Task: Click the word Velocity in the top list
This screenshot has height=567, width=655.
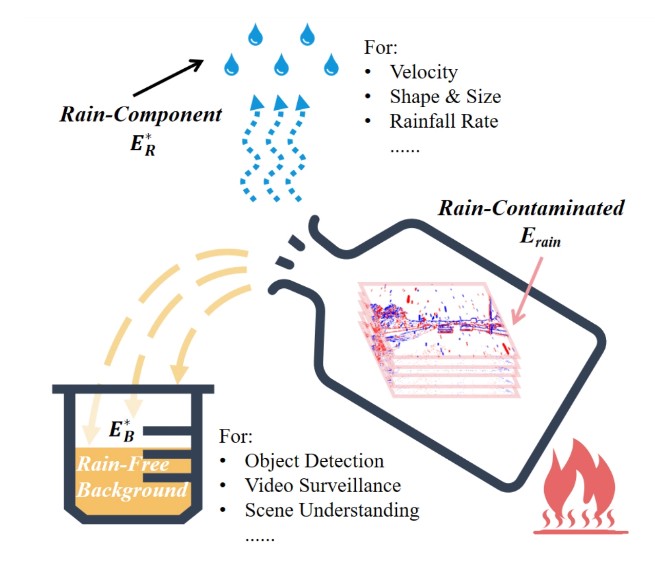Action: click(423, 72)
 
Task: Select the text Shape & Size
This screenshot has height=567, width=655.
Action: click(445, 97)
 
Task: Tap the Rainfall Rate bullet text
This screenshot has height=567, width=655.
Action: click(444, 122)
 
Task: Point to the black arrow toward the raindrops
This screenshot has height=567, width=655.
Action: click(168, 78)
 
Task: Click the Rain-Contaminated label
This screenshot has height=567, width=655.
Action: click(531, 208)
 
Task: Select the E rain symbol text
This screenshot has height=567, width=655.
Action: click(540, 237)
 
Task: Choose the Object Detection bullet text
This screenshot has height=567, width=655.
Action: click(314, 461)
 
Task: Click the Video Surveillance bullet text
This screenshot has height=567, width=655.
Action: click(323, 486)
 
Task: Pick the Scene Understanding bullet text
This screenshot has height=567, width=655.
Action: click(332, 511)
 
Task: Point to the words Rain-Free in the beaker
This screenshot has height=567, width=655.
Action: click(123, 464)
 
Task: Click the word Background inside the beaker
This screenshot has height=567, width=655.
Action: click(132, 490)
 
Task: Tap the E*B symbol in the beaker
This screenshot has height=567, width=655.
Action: click(122, 430)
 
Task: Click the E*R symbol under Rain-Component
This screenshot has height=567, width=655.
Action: click(142, 144)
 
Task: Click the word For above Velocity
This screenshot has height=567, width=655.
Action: click(380, 48)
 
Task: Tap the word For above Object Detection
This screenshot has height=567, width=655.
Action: click(236, 437)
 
